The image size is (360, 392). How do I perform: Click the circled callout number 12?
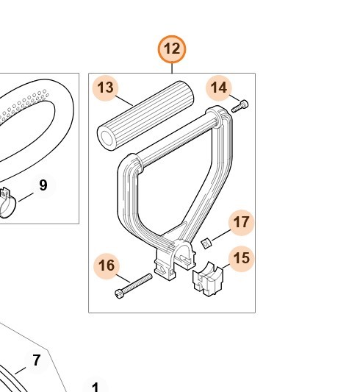[x=172, y=49]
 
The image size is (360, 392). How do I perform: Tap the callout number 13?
[x=106, y=88]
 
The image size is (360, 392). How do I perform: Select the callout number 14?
[x=219, y=88]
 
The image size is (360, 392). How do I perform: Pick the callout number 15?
[x=241, y=258]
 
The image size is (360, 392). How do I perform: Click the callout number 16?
[x=107, y=266]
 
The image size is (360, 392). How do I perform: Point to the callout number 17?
[x=241, y=223]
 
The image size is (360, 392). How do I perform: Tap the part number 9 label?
[x=43, y=185]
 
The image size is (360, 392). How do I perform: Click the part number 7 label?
[x=37, y=360]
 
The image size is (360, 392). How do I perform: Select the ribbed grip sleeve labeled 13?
[x=145, y=115]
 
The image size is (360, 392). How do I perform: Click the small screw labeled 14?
[x=240, y=106]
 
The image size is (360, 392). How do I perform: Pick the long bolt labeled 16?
[x=133, y=286]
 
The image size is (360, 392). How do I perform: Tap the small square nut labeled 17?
[x=206, y=243]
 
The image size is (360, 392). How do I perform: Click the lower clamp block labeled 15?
[x=208, y=279]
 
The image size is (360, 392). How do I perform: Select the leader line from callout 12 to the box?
[x=172, y=68]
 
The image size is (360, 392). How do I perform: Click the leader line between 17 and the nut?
[x=221, y=235]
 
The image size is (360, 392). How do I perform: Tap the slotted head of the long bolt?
[x=119, y=294]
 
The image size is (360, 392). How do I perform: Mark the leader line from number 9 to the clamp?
[x=26, y=197]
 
